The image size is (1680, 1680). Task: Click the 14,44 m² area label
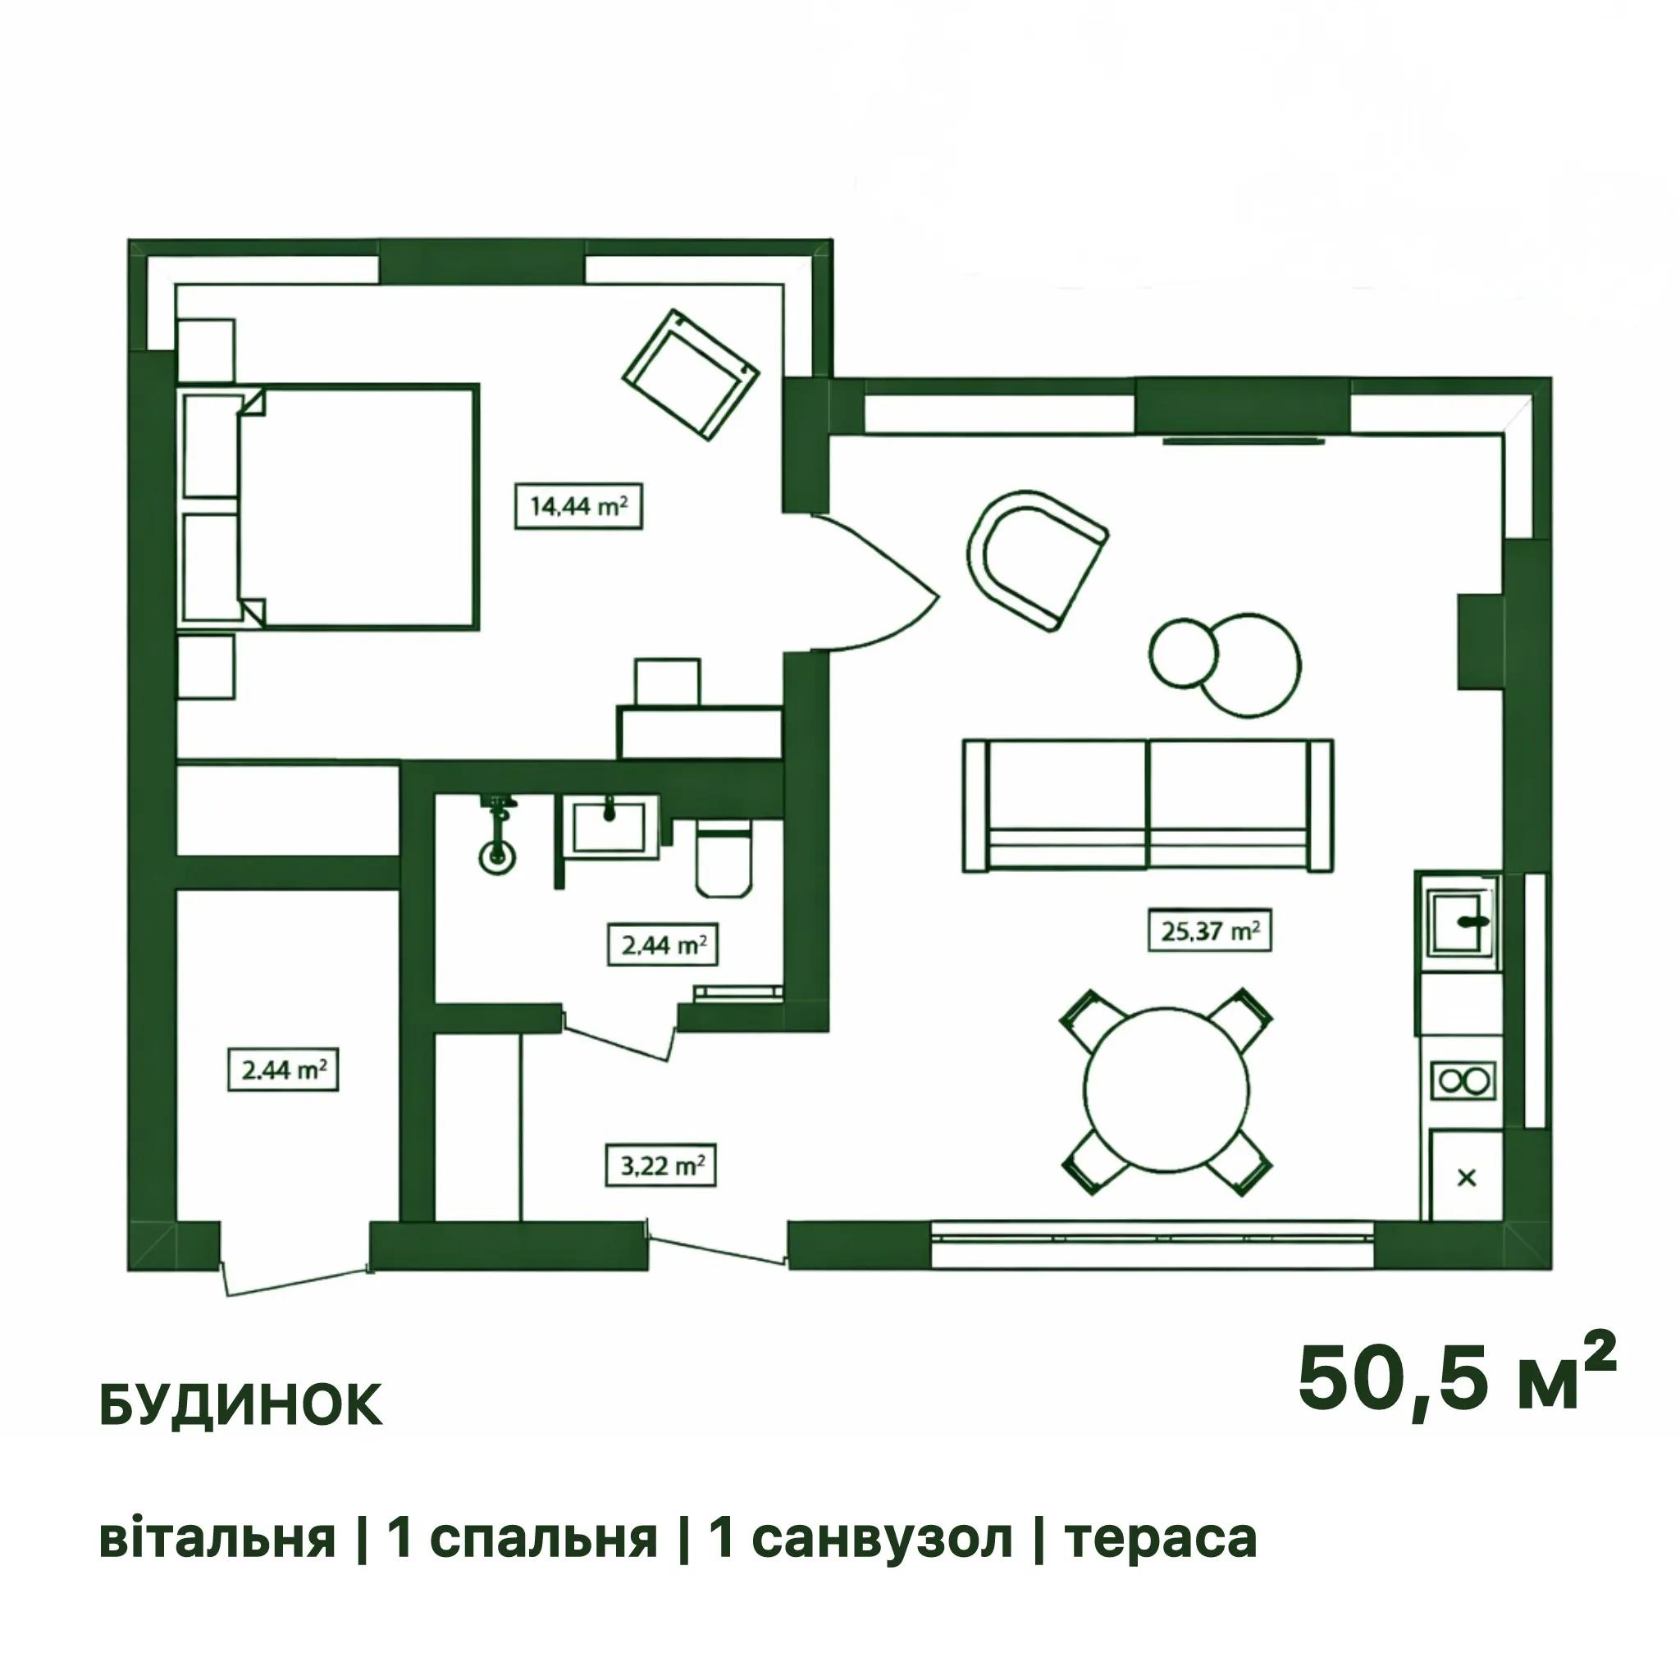coord(578,505)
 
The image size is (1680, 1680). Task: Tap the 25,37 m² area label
coord(1210,930)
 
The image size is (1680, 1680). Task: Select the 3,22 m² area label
coord(661,1164)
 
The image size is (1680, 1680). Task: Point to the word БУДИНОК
coord(242,1406)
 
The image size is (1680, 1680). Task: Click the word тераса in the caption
coord(1161,1538)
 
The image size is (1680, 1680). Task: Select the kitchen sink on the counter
coord(1461,923)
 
